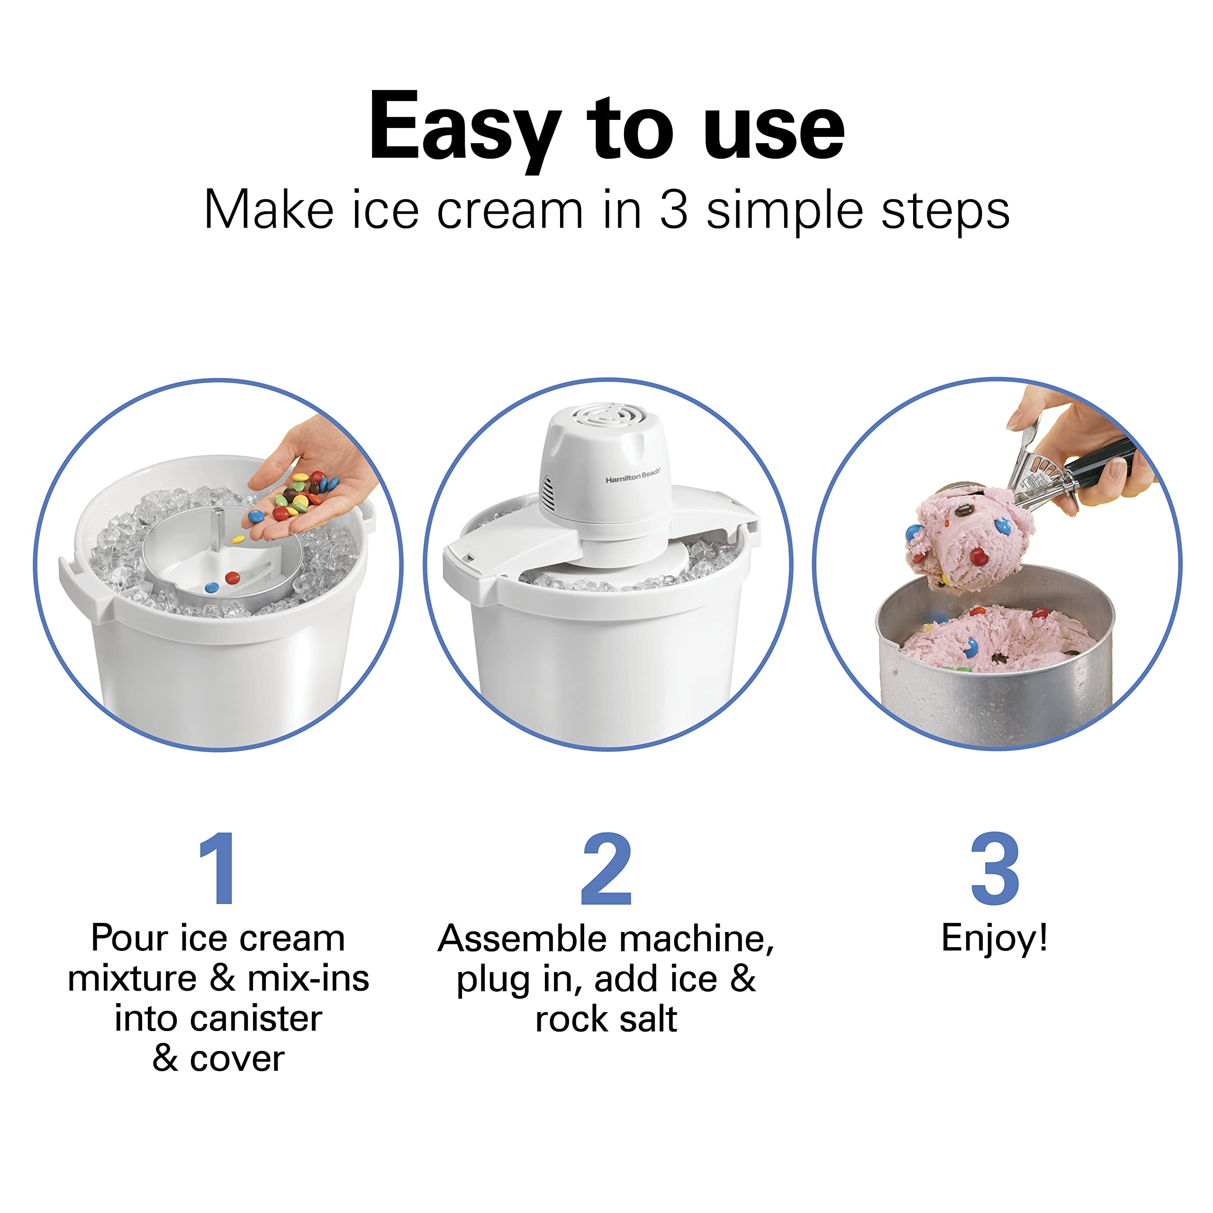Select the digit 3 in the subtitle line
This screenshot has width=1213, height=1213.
674,210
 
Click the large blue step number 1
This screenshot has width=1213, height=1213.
217,869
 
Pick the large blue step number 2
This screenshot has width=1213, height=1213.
606,869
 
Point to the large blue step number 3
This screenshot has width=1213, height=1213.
995,869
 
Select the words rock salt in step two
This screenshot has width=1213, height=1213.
606,1019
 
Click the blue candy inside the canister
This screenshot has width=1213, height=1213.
212,588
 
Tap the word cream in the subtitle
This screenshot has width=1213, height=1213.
510,210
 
